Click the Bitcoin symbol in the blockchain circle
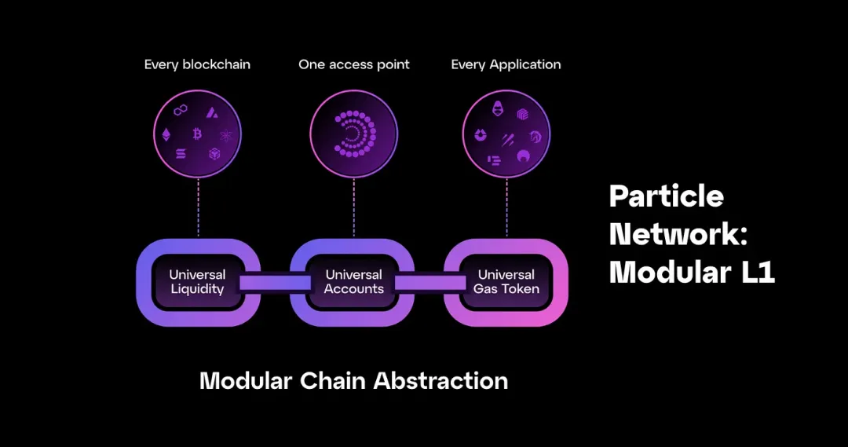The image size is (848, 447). (197, 134)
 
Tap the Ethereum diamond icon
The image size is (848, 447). (166, 134)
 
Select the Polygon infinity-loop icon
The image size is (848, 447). (180, 111)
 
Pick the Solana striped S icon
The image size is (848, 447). (181, 154)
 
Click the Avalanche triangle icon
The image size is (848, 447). (212, 112)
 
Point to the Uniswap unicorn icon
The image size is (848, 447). (535, 136)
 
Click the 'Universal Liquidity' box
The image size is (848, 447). (197, 282)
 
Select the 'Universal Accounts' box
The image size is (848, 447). (353, 282)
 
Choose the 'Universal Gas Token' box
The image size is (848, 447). (506, 282)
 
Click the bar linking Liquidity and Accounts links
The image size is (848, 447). (276, 283)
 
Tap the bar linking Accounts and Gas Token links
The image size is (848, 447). (430, 283)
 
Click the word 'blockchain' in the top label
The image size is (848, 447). (217, 64)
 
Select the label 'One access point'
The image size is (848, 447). (353, 64)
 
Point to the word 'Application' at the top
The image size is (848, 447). (525, 65)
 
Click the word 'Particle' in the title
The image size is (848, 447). (667, 196)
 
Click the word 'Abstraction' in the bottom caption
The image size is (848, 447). (440, 381)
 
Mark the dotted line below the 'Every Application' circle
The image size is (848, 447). (506, 207)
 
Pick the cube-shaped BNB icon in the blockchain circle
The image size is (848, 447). (214, 155)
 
